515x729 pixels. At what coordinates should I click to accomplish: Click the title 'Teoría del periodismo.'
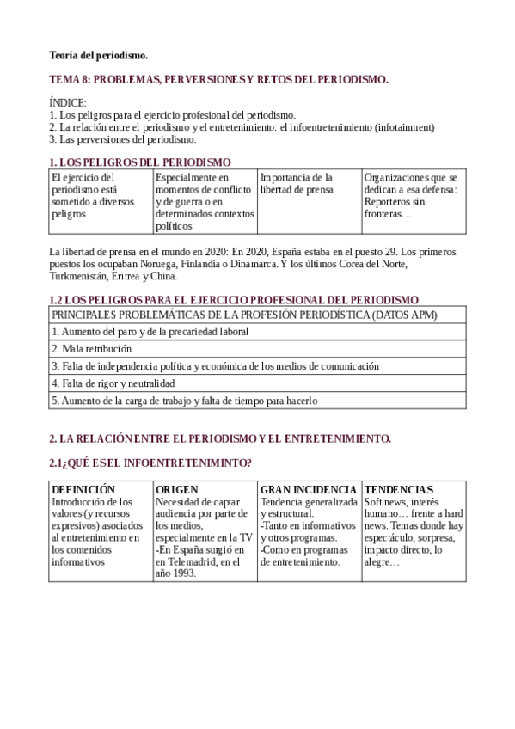(x=99, y=56)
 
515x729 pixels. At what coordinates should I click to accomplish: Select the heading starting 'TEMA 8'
(x=218, y=79)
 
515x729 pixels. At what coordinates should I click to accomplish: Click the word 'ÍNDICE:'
(x=68, y=103)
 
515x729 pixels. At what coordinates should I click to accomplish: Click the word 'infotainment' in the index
(x=403, y=126)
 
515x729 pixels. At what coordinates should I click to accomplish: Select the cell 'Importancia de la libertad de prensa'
(x=297, y=183)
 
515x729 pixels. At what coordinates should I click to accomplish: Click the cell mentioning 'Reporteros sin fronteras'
(x=410, y=195)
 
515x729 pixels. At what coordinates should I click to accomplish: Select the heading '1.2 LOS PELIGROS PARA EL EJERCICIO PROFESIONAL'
(x=234, y=299)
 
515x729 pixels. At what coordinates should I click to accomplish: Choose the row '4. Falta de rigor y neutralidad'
(x=113, y=383)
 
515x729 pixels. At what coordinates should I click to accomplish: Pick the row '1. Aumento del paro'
(x=150, y=331)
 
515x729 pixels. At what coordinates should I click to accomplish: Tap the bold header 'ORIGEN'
(x=177, y=489)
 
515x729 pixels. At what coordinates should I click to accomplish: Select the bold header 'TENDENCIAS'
(x=398, y=489)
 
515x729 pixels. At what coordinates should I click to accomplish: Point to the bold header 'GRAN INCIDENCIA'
(x=309, y=489)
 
